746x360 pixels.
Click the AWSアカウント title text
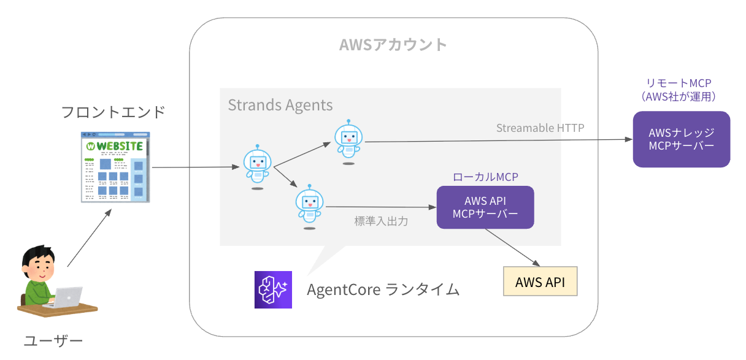[x=393, y=45]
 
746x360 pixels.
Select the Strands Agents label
[x=280, y=105]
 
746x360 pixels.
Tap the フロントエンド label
[x=113, y=112]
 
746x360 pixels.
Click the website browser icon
[x=115, y=166]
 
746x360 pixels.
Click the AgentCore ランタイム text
[x=383, y=289]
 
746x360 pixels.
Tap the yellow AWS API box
[x=540, y=282]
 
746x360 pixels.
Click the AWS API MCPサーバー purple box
[x=485, y=207]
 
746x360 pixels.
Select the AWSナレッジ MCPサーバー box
[x=681, y=139]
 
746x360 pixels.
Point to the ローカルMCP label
[x=485, y=177]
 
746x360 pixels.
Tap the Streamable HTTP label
[x=540, y=128]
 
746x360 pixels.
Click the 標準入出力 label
[x=380, y=221]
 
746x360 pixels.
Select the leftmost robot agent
[x=257, y=166]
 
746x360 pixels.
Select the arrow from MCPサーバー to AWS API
[x=512, y=247]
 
